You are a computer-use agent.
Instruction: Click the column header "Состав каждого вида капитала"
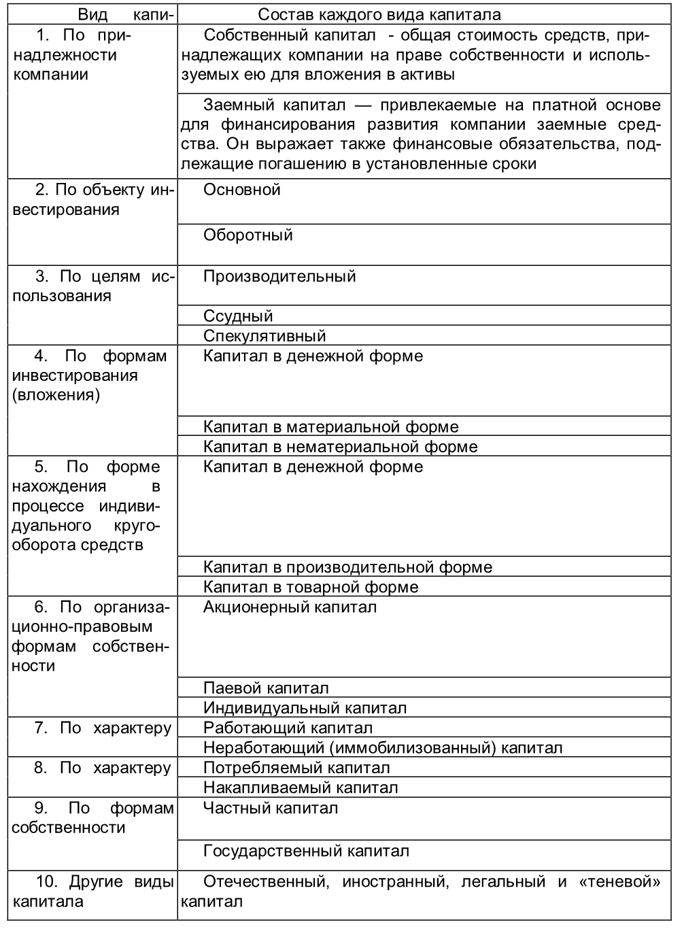pos(379,14)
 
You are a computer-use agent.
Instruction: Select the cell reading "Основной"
pos(242,190)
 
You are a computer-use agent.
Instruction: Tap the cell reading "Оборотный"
pos(248,235)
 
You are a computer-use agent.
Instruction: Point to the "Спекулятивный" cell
pos(265,336)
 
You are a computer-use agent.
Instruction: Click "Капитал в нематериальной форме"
pos(340,447)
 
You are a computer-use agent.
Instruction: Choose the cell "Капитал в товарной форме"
pos(311,587)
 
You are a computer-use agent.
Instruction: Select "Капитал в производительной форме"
pos(347,567)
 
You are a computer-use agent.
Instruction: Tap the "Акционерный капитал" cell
pos(290,607)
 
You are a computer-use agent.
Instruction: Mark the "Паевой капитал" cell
pos(266,688)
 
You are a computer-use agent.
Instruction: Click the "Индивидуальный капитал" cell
pos(305,708)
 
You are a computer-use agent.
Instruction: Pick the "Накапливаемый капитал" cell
pos(301,788)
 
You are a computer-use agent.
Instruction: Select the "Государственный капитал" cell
pos(306,851)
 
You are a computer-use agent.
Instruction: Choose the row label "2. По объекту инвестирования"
pos(92,200)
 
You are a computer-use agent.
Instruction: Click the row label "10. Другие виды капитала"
pos(92,892)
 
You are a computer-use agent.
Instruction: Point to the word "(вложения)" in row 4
pos(56,395)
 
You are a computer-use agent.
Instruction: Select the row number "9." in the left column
pos(41,808)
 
